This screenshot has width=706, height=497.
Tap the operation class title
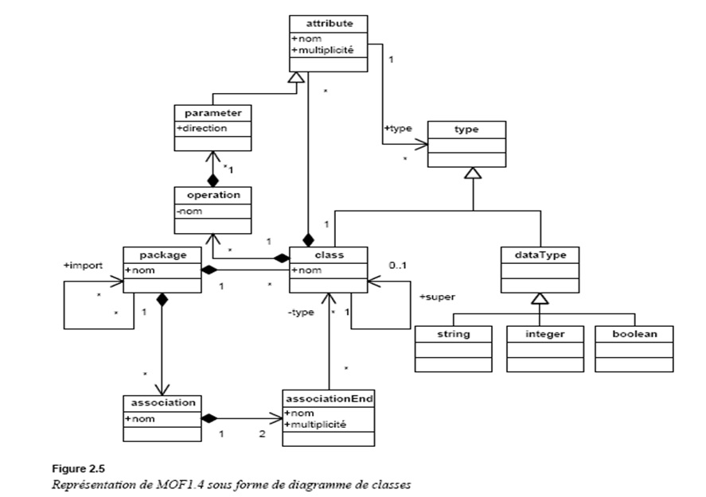pos(213,194)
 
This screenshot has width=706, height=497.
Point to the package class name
pos(162,255)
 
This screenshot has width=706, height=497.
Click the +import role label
pos(82,266)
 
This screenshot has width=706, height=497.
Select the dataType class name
pos(540,255)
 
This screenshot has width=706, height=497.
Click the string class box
pos(454,348)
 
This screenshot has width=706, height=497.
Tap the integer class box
pos(544,348)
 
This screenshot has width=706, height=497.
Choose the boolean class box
pos(634,348)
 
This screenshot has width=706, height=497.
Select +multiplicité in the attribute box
pos(323,50)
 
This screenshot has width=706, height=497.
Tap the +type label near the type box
pos(399,127)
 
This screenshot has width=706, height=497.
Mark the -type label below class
pos(301,313)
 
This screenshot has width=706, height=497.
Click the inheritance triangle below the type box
pos(473,173)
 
